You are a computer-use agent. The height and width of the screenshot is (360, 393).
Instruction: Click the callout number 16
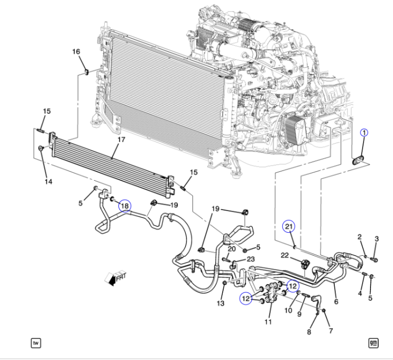pos(76,52)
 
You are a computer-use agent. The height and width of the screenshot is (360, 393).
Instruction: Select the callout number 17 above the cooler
pos(122,139)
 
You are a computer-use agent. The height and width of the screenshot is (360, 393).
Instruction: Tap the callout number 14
pos(48,181)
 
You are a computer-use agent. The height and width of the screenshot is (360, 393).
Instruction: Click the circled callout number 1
pos(364,133)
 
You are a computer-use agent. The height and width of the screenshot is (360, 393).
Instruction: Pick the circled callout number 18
pos(125,206)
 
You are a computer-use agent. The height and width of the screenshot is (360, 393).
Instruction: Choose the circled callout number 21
pos(289,226)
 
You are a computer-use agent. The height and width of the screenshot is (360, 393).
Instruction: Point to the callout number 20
pos(232,249)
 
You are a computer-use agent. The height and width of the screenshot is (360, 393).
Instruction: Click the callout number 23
pos(250,259)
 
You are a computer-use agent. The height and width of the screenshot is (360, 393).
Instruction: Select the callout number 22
pos(285,256)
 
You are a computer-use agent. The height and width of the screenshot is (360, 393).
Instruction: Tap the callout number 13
pos(221,303)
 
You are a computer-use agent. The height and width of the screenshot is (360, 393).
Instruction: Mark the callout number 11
pos(268,322)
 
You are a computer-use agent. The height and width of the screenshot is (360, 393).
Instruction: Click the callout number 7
pos(331,331)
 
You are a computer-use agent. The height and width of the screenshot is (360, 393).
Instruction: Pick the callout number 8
pos(309,332)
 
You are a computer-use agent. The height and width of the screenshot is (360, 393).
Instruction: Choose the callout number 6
pos(336,302)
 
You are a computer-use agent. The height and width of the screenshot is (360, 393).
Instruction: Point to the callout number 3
pos(376,239)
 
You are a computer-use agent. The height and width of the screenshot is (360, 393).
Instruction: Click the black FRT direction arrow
pos(112,281)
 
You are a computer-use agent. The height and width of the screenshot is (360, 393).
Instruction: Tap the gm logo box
pos(373,343)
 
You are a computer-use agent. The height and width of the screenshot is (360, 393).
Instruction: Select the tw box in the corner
pos(36,343)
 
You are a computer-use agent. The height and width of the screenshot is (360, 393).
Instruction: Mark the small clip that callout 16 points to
pos(86,72)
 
